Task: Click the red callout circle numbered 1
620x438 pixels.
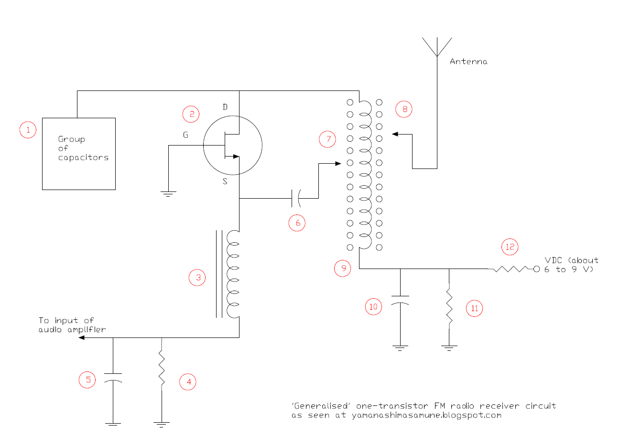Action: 28,129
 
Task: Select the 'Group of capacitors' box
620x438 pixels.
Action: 79,153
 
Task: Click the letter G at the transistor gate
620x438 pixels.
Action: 185,135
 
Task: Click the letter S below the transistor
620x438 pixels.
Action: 225,182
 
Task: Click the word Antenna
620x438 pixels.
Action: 468,62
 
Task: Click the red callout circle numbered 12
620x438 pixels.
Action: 510,247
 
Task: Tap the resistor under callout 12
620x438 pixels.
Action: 511,269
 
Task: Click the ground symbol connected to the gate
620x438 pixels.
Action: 168,193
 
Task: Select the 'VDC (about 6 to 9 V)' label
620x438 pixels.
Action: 571,265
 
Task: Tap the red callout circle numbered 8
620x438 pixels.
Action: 404,109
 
